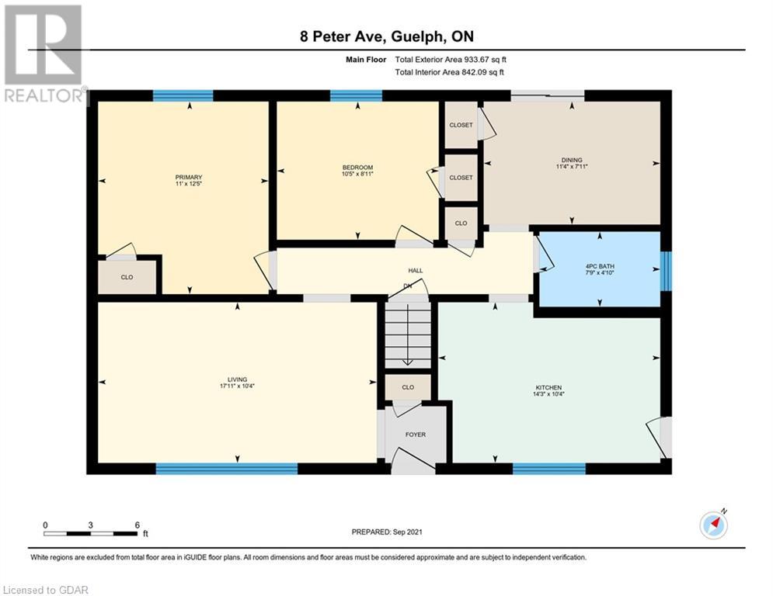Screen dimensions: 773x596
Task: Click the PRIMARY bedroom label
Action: pos(189,177)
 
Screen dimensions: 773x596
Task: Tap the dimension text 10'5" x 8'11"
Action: pos(357,174)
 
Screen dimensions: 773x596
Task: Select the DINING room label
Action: pos(572,160)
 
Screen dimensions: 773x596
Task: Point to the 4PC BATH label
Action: pos(600,266)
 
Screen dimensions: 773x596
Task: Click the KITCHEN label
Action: pos(548,388)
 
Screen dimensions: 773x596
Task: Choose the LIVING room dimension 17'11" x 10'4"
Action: pos(237,386)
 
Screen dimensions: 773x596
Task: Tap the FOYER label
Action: pos(416,435)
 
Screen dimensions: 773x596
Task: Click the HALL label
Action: pos(416,270)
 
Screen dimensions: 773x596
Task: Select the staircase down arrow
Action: pos(408,335)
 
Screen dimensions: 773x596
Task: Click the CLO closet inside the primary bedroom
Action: pos(127,277)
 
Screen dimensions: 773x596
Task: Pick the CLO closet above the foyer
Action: pos(408,387)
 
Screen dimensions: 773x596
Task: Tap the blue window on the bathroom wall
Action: pos(666,270)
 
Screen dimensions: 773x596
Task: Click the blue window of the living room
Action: pos(227,469)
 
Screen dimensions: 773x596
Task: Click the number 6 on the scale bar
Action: pos(137,525)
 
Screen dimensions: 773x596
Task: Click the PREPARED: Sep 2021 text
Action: pos(387,532)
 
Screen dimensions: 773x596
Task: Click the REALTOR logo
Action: pos(44,54)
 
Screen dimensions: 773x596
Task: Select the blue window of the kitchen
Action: pos(549,469)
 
